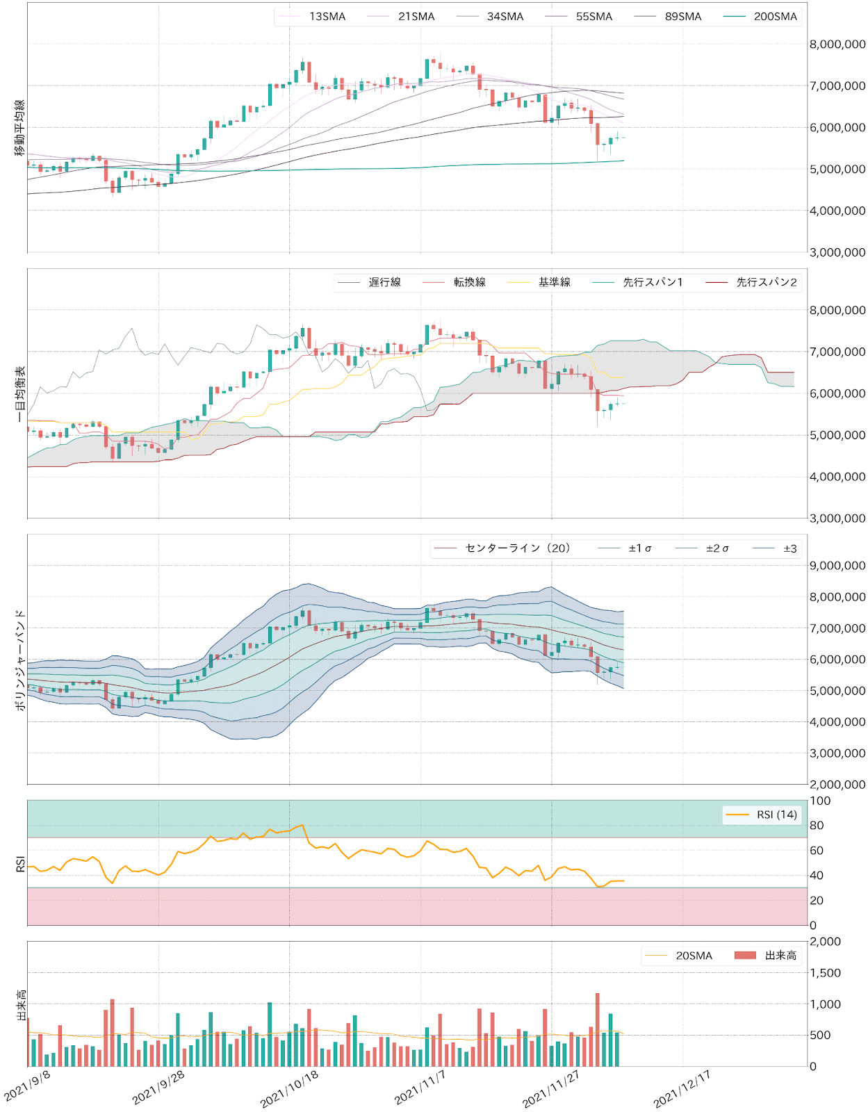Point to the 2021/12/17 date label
(x=683, y=1088)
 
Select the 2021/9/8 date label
(x=28, y=1086)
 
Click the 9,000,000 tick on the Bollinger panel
(x=837, y=566)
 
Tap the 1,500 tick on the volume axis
(x=825, y=973)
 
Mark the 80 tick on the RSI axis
(x=817, y=826)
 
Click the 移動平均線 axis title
(x=20, y=127)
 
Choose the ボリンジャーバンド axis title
(x=20, y=660)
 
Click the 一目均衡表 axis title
(x=20, y=393)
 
